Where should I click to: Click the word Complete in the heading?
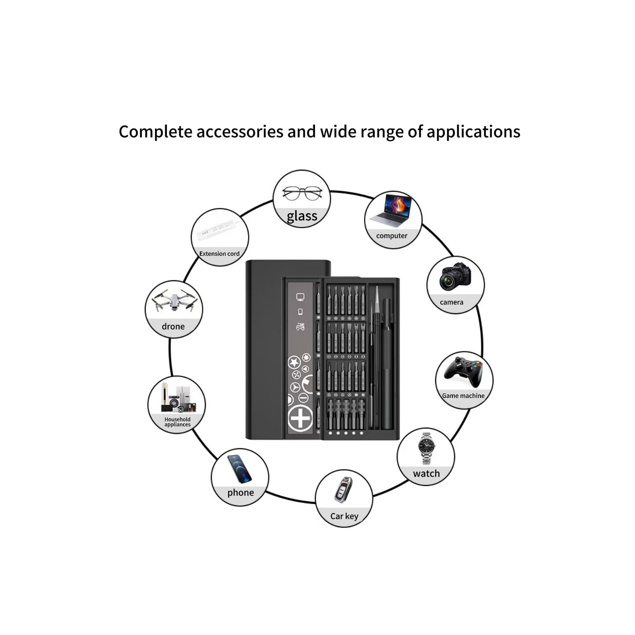tap(155, 132)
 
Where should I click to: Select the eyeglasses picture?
tap(302, 193)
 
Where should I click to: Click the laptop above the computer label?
tap(392, 210)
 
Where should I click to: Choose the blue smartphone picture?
tap(239, 469)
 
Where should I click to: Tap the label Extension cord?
tap(219, 254)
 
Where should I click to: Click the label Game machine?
tap(463, 396)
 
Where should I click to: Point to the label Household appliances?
tap(177, 422)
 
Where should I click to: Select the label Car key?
tap(344, 516)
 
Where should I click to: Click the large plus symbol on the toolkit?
tap(300, 418)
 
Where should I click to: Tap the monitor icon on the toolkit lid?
tap(300, 297)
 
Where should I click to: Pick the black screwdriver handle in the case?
tap(387, 364)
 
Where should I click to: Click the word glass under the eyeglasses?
tap(302, 216)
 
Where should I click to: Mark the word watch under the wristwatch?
tap(426, 473)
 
